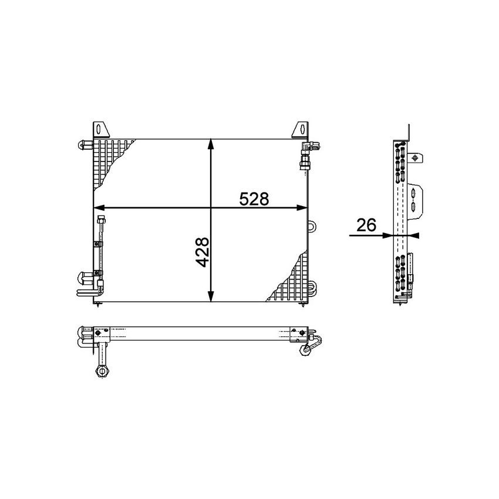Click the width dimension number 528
pyautogui.click(x=254, y=199)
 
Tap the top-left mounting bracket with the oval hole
pyautogui.click(x=100, y=130)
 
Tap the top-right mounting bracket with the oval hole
pyautogui.click(x=301, y=130)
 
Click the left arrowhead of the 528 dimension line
pyautogui.click(x=100, y=207)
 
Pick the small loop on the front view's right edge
pyautogui.click(x=311, y=224)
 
